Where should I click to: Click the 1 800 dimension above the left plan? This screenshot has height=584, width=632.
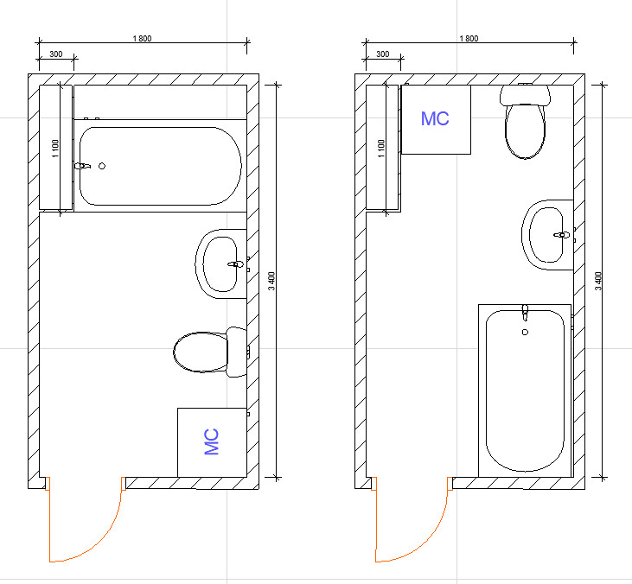tap(143, 39)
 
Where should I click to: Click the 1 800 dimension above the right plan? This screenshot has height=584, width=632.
tap(469, 39)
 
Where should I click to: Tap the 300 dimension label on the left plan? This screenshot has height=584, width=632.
tap(56, 54)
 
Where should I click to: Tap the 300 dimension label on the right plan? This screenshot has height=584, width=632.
tap(382, 54)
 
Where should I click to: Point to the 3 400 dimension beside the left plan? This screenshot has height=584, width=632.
tap(271, 281)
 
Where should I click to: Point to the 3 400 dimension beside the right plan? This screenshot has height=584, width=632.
tap(598, 281)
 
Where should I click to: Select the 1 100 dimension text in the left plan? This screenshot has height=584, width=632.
tap(55, 149)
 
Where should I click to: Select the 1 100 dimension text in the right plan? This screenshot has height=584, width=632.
tap(381, 149)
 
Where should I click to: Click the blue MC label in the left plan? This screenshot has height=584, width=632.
tap(212, 441)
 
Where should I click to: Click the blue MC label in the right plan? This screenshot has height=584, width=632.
tap(435, 119)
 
